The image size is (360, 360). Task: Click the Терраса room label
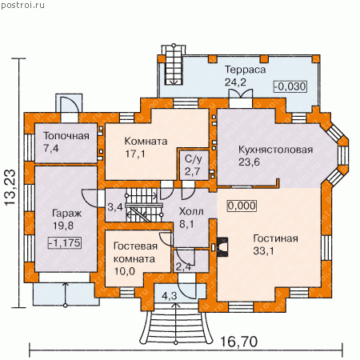click(x=246, y=70)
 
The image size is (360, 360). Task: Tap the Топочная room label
click(x=66, y=136)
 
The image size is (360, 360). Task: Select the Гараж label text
click(x=66, y=214)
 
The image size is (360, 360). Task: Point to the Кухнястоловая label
click(x=275, y=150)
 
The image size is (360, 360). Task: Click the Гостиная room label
click(x=275, y=238)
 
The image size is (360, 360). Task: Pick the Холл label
click(x=191, y=211)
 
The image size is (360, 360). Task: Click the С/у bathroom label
click(x=194, y=159)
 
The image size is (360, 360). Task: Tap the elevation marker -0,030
click(x=290, y=86)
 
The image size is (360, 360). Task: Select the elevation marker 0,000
click(x=242, y=206)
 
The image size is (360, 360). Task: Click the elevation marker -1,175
click(x=65, y=242)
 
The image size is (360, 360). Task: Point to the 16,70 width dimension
click(x=239, y=342)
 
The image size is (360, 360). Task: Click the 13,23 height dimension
click(x=11, y=187)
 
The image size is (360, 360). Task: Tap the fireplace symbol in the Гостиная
click(x=222, y=247)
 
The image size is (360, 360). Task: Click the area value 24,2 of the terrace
click(x=235, y=82)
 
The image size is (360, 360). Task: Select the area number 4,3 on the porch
click(x=170, y=296)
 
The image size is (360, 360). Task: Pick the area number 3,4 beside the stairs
click(x=115, y=206)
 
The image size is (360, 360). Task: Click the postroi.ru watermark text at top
click(x=22, y=6)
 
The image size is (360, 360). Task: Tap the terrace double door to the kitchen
click(x=241, y=94)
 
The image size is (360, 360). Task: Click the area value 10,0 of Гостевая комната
click(x=125, y=271)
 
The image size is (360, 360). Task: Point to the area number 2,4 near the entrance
click(x=184, y=266)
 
